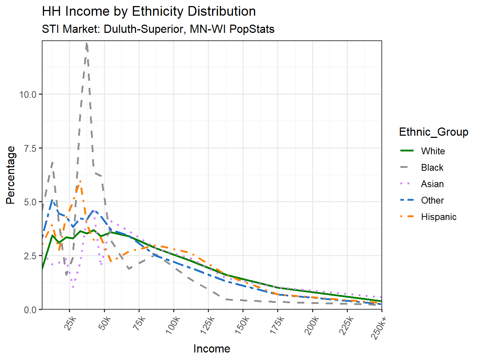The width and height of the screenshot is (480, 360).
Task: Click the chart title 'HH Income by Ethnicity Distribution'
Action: [x=149, y=11]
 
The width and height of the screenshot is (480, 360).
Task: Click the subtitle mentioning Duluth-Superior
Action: [x=158, y=29]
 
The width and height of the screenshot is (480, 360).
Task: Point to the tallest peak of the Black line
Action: [x=87, y=44]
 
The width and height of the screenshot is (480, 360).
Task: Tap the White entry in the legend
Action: [x=432, y=151]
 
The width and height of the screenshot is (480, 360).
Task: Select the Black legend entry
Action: [x=432, y=167]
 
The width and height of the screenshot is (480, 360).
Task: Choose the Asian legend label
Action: [x=432, y=184]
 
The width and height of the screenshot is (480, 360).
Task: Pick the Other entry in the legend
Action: [x=432, y=200]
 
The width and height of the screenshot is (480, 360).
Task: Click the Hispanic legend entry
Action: [x=438, y=217]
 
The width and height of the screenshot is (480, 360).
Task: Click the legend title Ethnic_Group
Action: [x=434, y=132]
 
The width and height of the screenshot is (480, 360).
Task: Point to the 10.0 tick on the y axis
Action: [x=28, y=95]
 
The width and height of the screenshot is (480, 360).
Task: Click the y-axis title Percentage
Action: [x=11, y=175]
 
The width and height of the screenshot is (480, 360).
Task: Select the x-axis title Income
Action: [x=212, y=349]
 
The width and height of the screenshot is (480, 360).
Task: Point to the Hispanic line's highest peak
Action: [x=80, y=181]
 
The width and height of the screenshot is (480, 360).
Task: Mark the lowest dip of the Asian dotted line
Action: [x=73, y=287]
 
